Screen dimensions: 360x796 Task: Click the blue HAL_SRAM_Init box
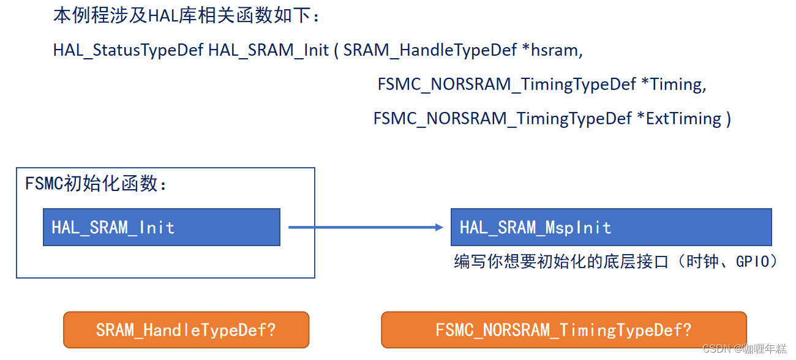point(161,227)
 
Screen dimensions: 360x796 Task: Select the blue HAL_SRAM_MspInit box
point(610,227)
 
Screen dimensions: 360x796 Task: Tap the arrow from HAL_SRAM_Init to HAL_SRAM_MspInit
point(365,227)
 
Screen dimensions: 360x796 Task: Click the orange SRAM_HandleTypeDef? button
point(186,330)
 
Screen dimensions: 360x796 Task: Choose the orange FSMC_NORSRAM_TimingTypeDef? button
point(563,330)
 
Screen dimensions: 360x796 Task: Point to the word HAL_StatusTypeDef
point(128,50)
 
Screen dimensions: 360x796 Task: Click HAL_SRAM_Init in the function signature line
point(268,50)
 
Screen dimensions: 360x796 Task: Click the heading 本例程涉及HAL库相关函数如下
point(186,15)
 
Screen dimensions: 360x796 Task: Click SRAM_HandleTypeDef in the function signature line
point(430,50)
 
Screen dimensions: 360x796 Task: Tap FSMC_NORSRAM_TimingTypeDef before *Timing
point(506,84)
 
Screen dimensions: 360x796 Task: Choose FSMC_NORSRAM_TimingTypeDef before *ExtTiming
point(502,118)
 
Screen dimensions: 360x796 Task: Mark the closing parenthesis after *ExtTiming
point(728,118)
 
